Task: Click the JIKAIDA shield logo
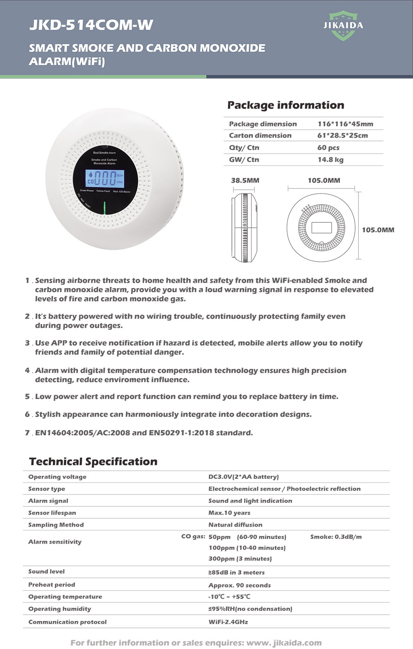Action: pos(343,26)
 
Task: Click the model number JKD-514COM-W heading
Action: pos(91,26)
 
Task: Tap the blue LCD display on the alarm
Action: pos(105,178)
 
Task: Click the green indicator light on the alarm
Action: pos(105,208)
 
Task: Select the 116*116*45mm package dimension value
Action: pos(345,124)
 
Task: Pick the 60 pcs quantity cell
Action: pos(328,148)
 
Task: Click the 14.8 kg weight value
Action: pos(330,160)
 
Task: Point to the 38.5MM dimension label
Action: pos(245,181)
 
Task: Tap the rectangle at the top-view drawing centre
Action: pos(321,228)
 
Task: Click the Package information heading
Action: pos(285,105)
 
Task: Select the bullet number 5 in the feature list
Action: pos(27,397)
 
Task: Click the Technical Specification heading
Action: pos(93,462)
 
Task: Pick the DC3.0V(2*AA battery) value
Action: pos(244,477)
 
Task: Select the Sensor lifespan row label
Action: pos(52,513)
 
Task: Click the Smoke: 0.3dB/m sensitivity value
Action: pos(336,537)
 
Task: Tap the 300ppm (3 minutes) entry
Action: pos(240,558)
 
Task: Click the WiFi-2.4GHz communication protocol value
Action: pos(228,622)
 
